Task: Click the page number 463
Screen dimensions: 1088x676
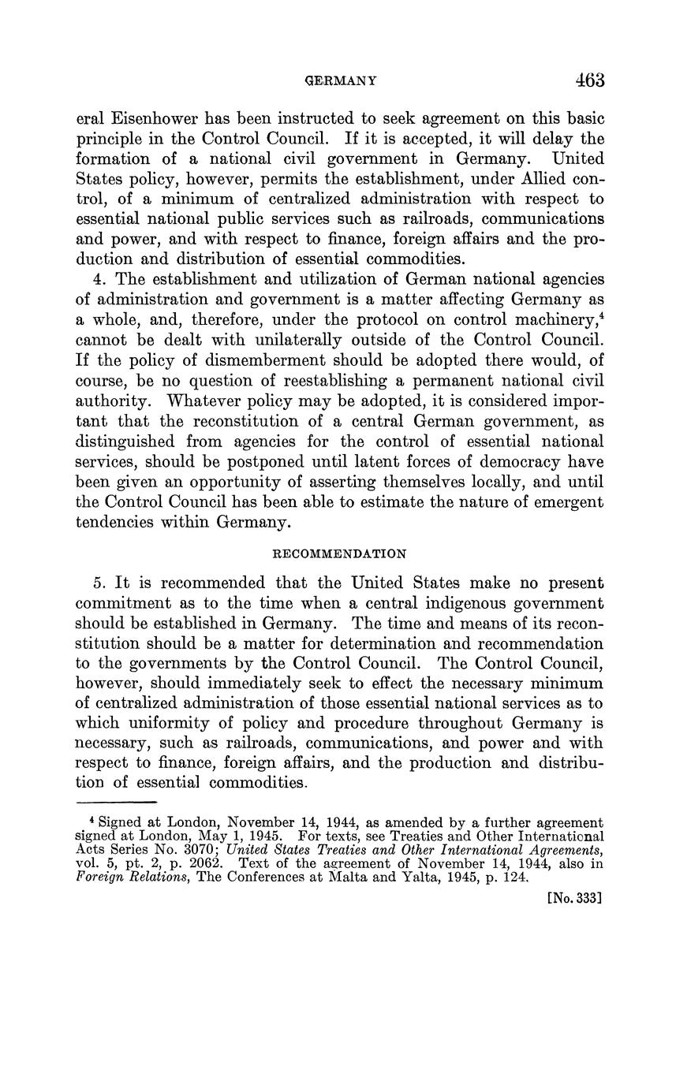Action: (589, 80)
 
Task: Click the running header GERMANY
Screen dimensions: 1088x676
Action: (340, 81)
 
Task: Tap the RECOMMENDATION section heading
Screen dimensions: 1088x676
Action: (339, 553)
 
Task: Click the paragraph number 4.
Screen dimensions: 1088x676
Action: (98, 280)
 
